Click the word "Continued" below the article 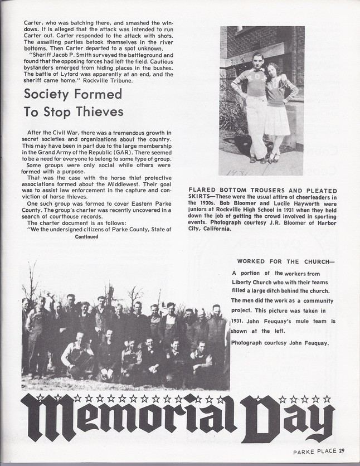point(86,236)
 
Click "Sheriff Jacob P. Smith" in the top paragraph point(65,55)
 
